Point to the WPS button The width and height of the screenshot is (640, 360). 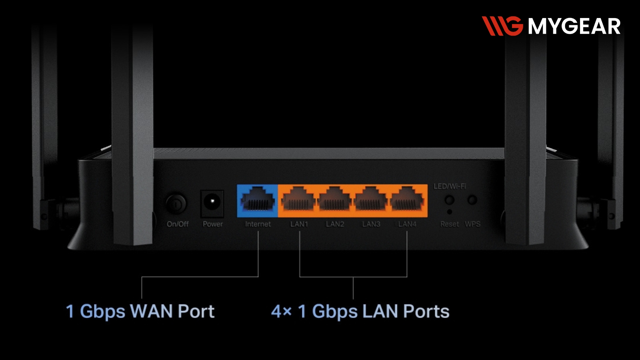click(472, 200)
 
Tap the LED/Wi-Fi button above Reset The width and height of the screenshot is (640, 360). click(450, 200)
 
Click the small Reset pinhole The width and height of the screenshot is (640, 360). click(450, 212)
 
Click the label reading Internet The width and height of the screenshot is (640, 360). click(258, 224)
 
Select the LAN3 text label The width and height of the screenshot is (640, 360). click(371, 224)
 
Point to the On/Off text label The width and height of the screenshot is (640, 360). click(178, 224)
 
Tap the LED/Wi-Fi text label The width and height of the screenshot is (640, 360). click(450, 186)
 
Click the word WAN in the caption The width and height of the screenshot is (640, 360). click(151, 311)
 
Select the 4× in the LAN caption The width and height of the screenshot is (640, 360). click(281, 312)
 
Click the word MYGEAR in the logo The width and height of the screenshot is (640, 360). click(574, 26)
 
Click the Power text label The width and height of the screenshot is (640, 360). click(213, 224)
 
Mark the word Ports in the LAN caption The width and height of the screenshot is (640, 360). click(426, 311)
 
